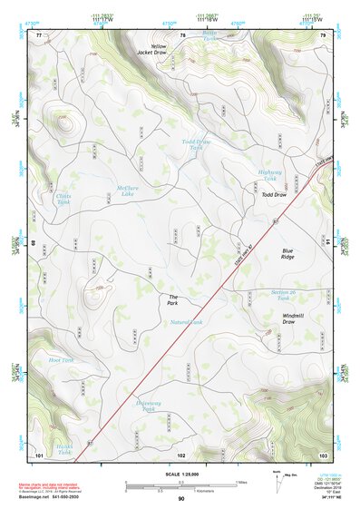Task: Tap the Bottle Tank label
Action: [x=210, y=37]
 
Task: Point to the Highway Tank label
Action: [x=270, y=175]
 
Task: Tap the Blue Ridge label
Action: [x=287, y=254]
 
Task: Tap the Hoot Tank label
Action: [x=61, y=360]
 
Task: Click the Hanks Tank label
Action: [x=63, y=448]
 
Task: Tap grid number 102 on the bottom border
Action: [x=181, y=454]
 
